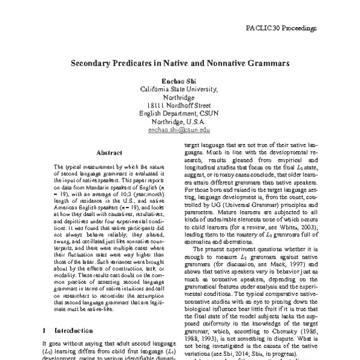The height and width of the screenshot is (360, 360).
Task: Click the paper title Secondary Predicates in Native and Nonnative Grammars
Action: coord(179,62)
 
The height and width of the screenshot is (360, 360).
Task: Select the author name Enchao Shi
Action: coord(179,80)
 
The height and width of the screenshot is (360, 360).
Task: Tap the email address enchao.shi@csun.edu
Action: coord(179,130)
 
